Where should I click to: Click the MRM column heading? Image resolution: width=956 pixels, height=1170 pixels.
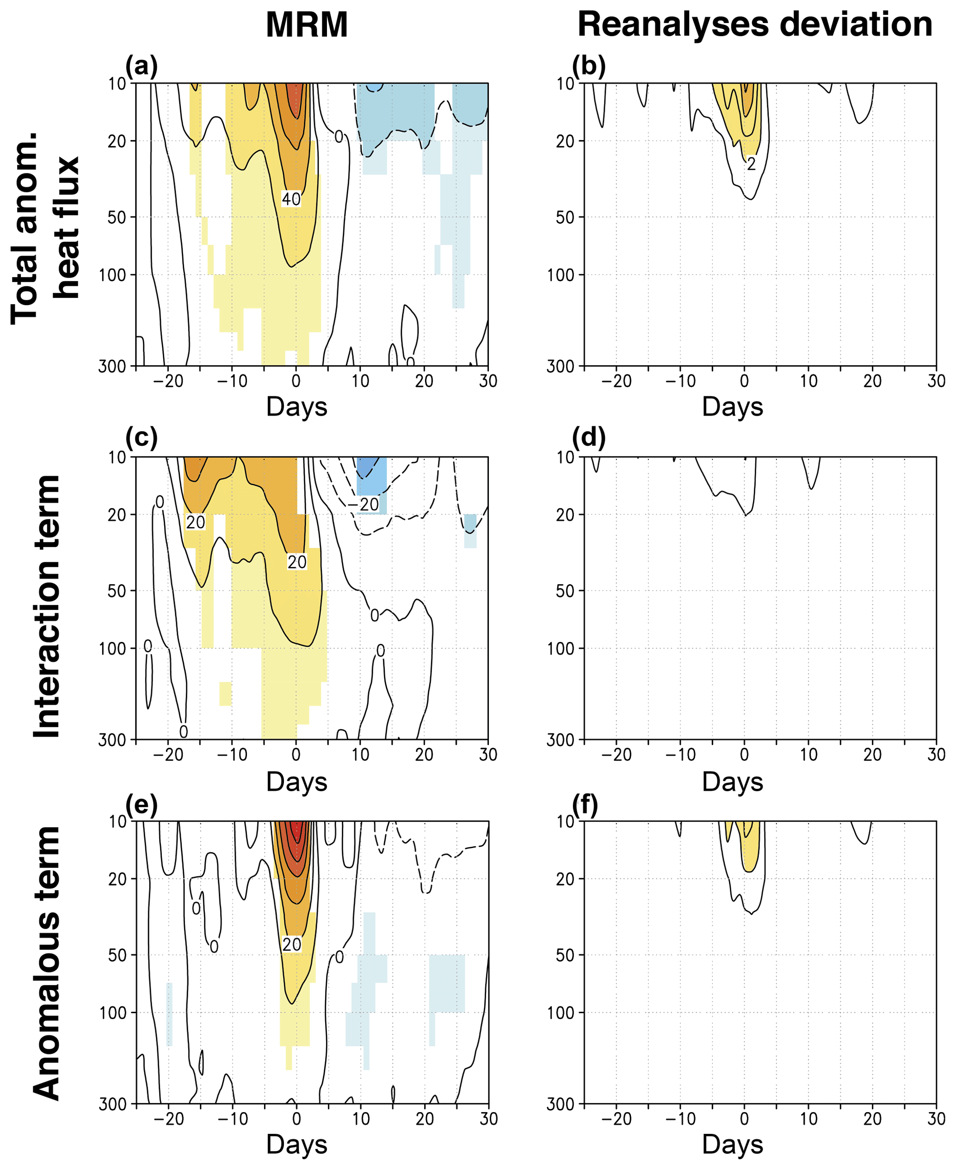(307, 25)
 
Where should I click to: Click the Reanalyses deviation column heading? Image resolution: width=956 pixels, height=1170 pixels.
(754, 25)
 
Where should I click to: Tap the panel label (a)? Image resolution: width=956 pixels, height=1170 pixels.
(142, 66)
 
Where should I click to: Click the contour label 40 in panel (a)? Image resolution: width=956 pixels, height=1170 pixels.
(291, 199)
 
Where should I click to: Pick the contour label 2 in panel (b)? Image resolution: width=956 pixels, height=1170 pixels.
(751, 164)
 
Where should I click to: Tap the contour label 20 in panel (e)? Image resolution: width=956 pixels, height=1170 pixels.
(291, 944)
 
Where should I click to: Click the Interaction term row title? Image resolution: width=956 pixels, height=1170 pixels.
(47, 606)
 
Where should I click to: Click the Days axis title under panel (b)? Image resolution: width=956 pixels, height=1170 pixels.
(733, 407)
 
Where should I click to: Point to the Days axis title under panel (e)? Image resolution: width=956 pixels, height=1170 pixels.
(297, 1144)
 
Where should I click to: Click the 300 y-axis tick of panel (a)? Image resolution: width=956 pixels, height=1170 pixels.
(112, 366)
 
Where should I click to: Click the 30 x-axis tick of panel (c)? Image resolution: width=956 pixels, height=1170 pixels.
(488, 754)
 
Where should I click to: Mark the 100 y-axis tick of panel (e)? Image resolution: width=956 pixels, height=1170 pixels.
(112, 1013)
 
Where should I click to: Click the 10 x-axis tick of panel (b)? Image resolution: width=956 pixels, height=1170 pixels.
(808, 381)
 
